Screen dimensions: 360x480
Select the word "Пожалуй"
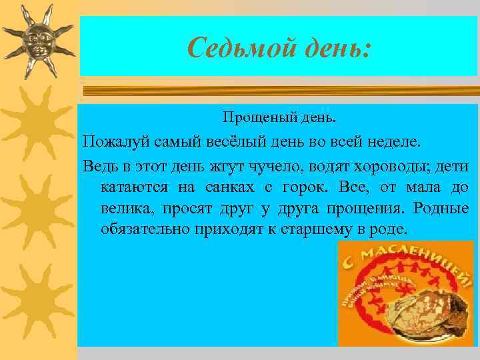(x=111, y=142)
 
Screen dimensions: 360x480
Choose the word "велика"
(x=127, y=208)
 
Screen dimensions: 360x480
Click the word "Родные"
(x=441, y=208)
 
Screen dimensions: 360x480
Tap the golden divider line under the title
(x=280, y=91)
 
